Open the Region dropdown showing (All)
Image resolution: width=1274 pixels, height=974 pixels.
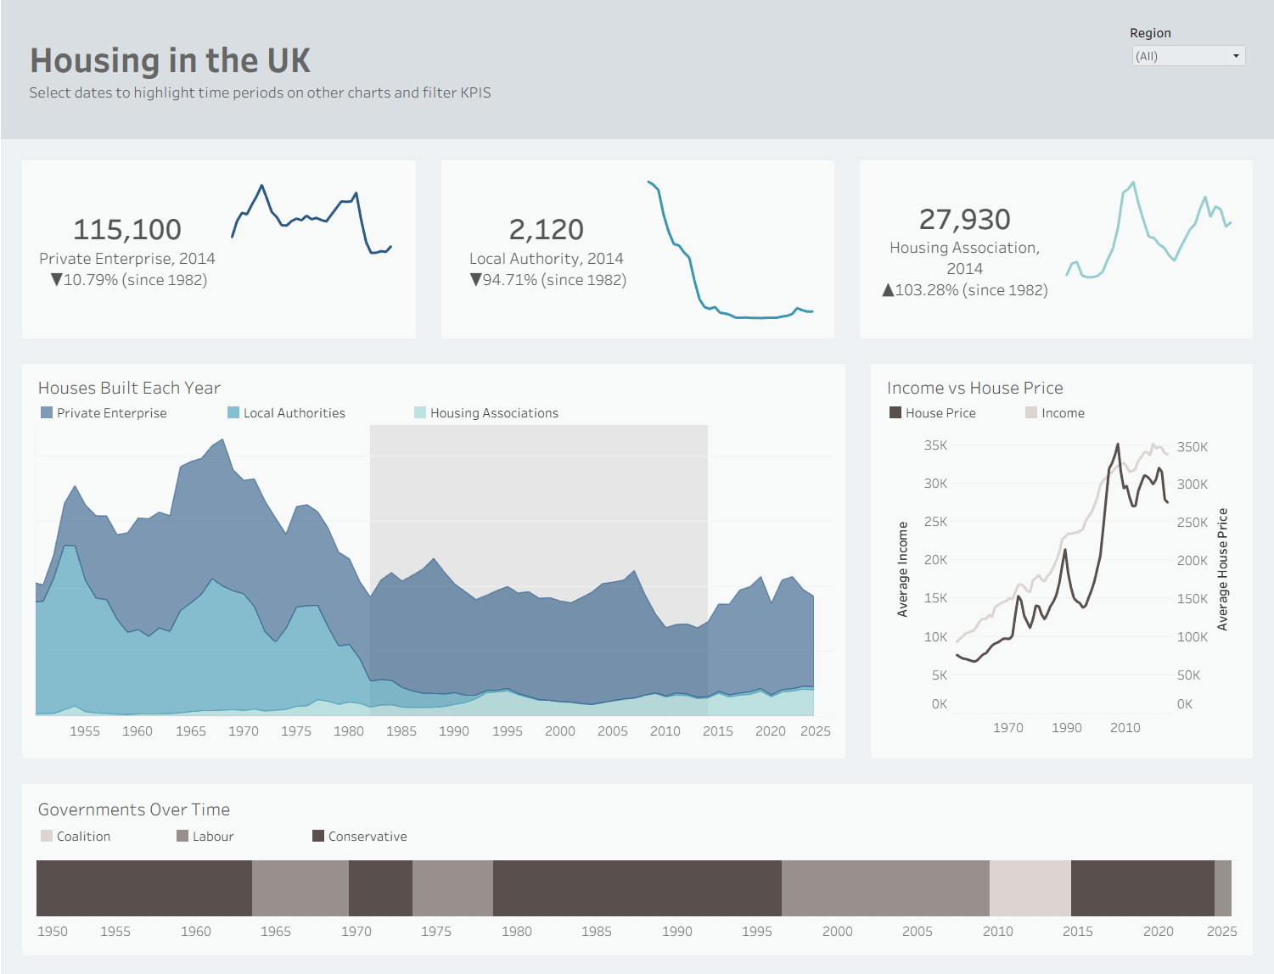[1188, 56]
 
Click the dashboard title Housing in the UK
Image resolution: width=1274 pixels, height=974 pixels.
[170, 61]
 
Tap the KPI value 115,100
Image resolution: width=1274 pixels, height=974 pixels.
[127, 230]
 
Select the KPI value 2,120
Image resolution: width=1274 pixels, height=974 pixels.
[546, 230]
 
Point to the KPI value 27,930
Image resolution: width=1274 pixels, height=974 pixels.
[965, 219]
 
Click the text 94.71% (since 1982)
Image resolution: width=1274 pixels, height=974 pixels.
[554, 280]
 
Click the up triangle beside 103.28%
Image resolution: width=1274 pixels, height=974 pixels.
[888, 290]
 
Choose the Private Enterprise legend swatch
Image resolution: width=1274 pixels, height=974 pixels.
[47, 413]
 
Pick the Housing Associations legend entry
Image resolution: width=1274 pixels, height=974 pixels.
[486, 413]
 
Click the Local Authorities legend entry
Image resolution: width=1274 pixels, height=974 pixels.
[286, 413]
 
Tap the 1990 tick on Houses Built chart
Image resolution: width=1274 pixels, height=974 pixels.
[454, 731]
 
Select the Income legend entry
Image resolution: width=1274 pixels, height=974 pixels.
[1055, 413]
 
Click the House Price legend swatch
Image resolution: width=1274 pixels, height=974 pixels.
[895, 413]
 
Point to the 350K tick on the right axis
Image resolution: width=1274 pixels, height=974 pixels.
[1193, 447]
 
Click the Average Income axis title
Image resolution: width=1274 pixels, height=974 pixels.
[902, 569]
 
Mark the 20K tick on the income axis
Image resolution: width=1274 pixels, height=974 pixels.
[935, 560]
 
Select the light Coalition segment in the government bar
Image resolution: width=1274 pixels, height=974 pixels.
[1030, 888]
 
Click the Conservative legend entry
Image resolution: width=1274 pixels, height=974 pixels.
[360, 837]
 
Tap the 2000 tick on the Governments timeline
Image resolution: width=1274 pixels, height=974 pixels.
[838, 932]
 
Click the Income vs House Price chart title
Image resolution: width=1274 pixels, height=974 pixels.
[975, 388]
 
